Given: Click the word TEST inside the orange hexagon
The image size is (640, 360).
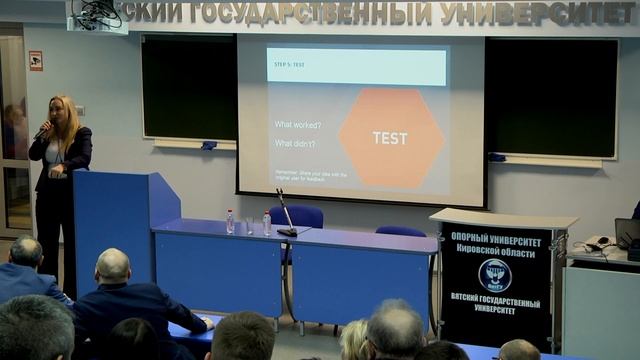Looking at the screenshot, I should coord(389,138).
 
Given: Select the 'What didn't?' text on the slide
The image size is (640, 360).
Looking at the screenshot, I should coord(295,144).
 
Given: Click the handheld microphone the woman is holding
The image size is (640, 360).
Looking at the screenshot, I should coord(42,131).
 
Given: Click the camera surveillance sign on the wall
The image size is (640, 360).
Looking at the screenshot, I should coord(36,60).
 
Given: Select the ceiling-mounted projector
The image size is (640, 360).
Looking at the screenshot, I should coord(100,14).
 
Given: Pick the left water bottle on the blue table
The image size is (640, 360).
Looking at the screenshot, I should coord(230,221).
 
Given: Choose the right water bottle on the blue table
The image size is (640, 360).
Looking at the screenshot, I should coord(267,222).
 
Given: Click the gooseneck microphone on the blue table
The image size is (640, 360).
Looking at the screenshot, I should coord(284,215).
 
